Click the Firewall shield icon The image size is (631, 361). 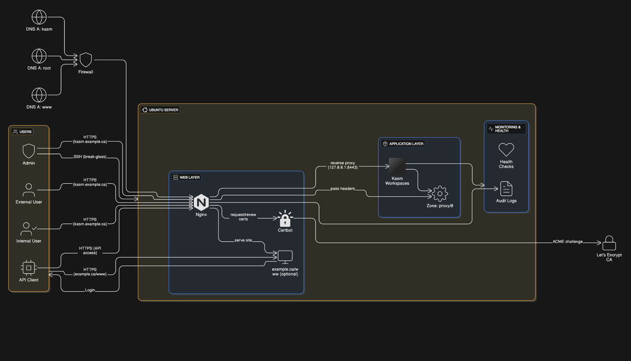pos(86,60)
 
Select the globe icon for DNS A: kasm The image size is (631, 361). pos(39,18)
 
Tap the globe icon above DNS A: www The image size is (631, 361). pos(39,95)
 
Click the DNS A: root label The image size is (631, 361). pos(39,68)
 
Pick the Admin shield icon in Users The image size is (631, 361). pos(29,151)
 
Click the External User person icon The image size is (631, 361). pos(29,190)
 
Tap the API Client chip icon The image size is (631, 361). pos(28,268)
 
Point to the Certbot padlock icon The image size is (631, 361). pos(285,219)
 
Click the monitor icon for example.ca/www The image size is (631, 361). pos(285,257)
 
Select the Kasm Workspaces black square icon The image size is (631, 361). pos(397,166)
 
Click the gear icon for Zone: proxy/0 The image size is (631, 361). pos(439,194)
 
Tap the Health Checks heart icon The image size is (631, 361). pos(506,150)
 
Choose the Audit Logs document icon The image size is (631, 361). pos(506,189)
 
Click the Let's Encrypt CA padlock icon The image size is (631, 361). pos(609,244)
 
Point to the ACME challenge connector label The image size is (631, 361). pos(567,242)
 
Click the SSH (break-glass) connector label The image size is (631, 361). pos(90,157)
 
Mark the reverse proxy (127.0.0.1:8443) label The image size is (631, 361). pos(343,165)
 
